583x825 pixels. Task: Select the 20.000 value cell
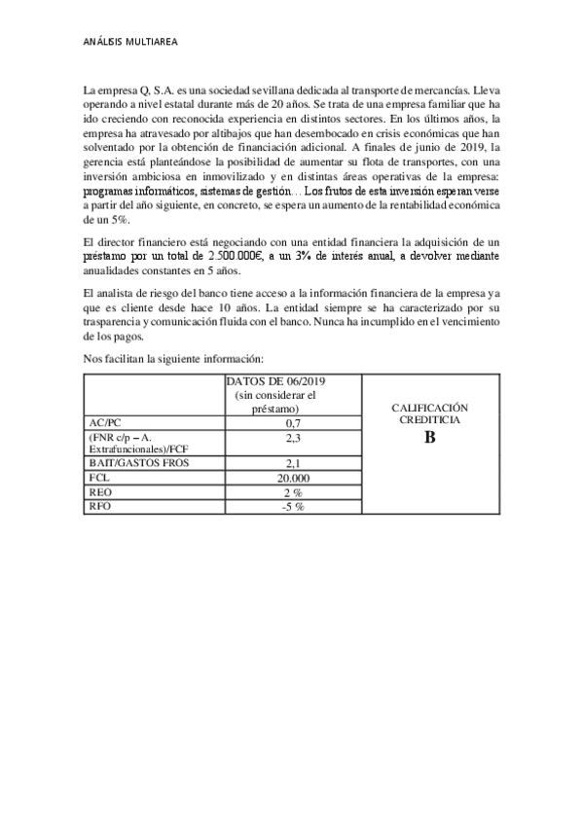point(292,478)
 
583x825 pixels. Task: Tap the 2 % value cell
point(292,492)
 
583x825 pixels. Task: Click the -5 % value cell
point(292,506)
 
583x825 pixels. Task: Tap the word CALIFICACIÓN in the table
point(430,408)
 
